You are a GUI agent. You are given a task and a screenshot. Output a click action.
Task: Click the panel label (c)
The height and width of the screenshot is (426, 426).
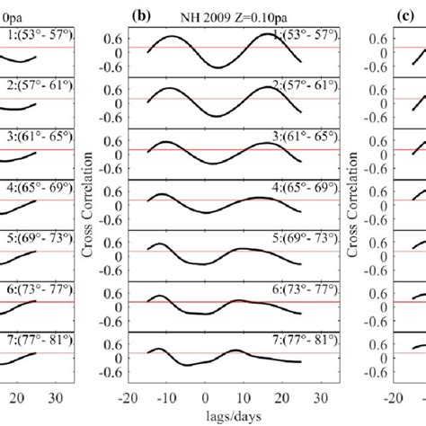[378, 14]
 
